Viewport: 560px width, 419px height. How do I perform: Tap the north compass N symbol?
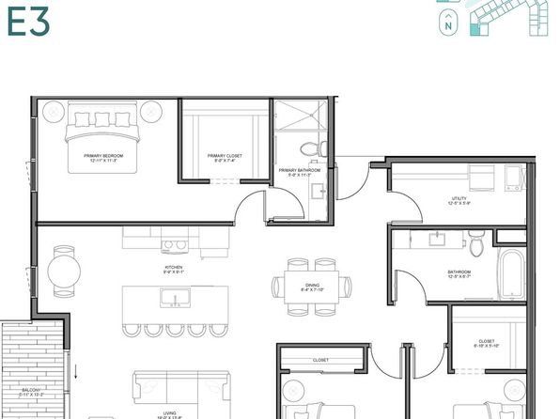tap(449, 27)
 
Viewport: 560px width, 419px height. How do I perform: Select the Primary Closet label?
tap(225, 159)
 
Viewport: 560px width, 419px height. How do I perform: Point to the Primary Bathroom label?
tap(300, 172)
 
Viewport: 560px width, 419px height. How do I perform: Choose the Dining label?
tap(311, 287)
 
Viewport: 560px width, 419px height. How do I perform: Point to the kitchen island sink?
tap(174, 299)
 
